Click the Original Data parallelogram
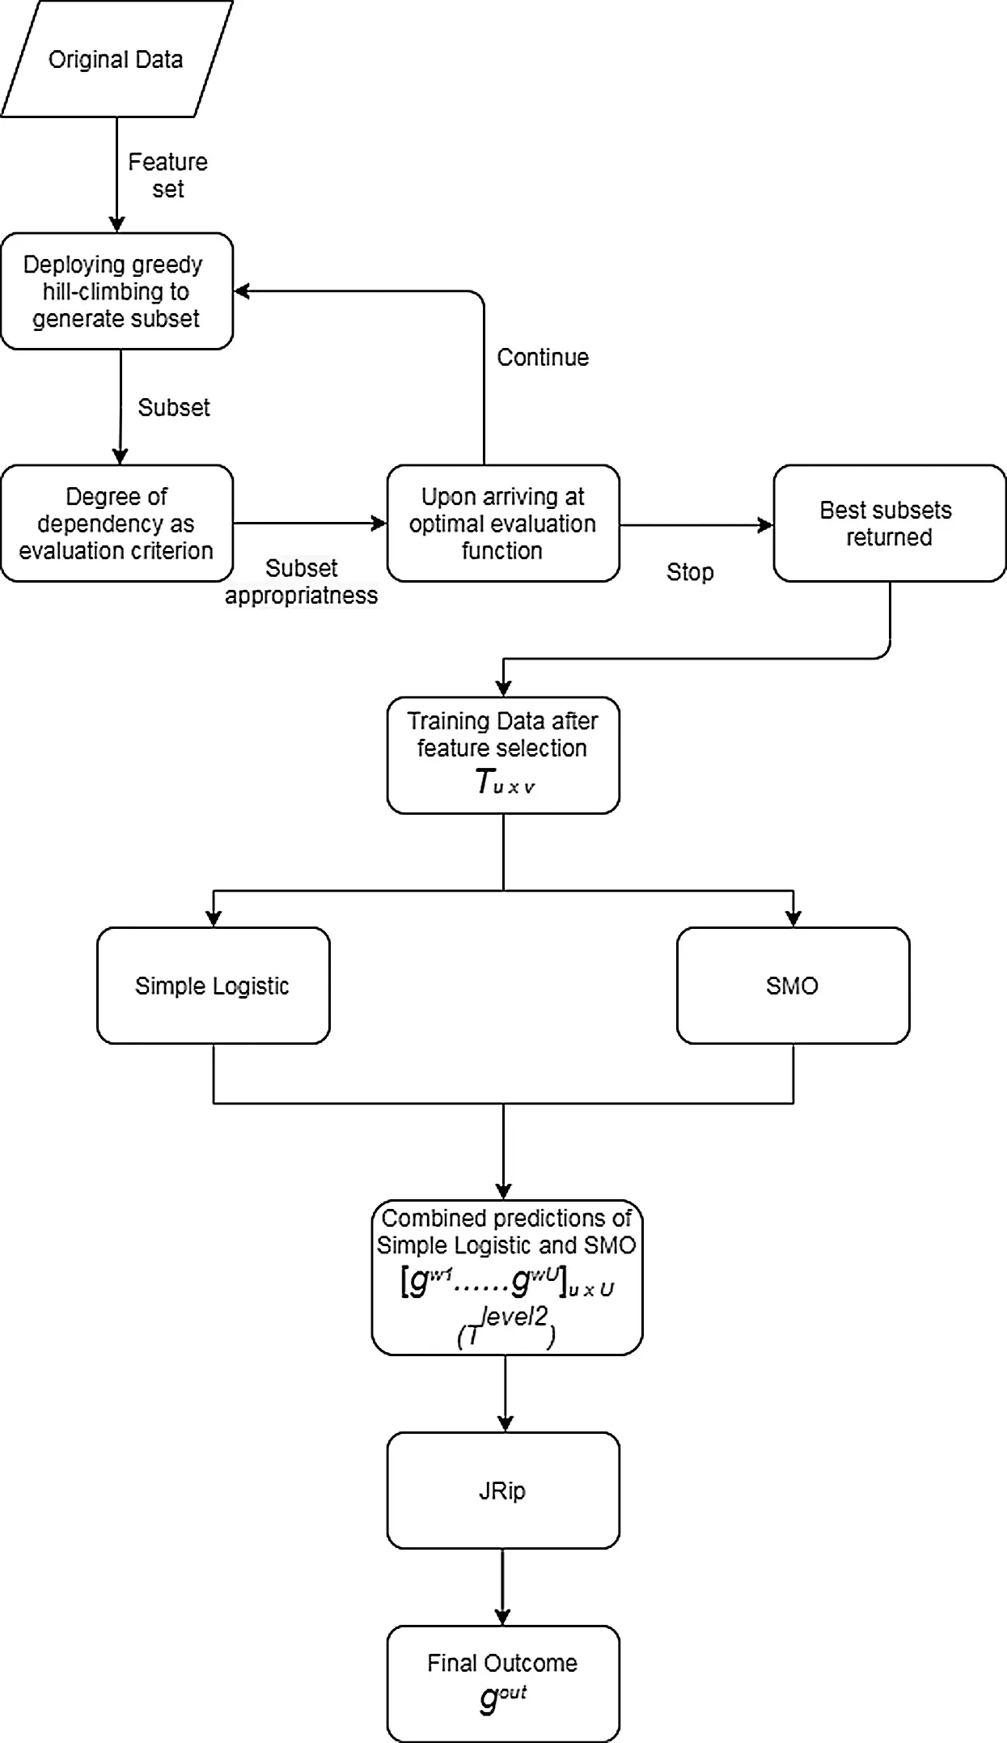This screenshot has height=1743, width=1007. pyautogui.click(x=116, y=59)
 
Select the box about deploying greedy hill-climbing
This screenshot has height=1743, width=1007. pyautogui.click(x=116, y=291)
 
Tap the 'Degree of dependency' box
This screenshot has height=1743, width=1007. pyautogui.click(x=116, y=524)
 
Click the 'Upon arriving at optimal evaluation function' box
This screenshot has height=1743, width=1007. pyautogui.click(x=503, y=524)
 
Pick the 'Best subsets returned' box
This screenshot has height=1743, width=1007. pyautogui.click(x=890, y=524)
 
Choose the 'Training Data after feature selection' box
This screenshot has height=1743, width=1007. pyautogui.click(x=503, y=755)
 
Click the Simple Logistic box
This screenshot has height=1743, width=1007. pyautogui.click(x=214, y=986)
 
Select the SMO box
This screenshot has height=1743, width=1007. pyautogui.click(x=793, y=986)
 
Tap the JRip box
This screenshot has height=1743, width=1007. pyautogui.click(x=503, y=1491)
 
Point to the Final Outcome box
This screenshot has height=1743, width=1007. pyautogui.click(x=503, y=1684)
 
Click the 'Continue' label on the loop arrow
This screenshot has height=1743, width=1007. pyautogui.click(x=543, y=358)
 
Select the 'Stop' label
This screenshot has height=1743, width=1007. pyautogui.click(x=690, y=572)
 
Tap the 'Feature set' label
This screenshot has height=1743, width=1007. pyautogui.click(x=168, y=175)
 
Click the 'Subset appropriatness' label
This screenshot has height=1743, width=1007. pyautogui.click(x=301, y=582)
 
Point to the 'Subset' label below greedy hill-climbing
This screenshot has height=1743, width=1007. pyautogui.click(x=174, y=407)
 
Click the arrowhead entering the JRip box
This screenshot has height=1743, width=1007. pyautogui.click(x=505, y=1423)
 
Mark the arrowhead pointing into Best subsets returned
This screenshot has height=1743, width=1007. pyautogui.click(x=765, y=524)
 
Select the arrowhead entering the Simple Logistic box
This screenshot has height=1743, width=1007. pyautogui.click(x=214, y=918)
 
